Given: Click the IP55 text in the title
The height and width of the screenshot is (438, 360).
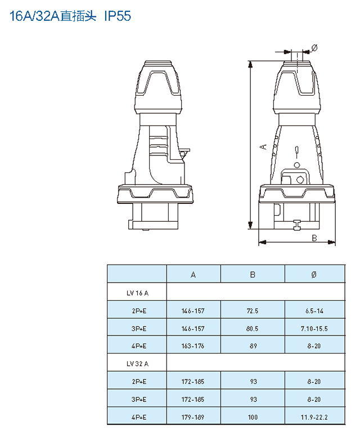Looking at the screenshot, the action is point(118,16).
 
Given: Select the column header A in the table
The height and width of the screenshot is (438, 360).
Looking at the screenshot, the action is point(193,275).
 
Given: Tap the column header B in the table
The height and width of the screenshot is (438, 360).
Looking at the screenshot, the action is point(253,275).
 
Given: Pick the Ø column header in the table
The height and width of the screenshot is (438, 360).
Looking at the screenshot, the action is point(314,275).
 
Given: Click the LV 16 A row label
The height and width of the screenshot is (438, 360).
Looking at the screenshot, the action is point(137,293).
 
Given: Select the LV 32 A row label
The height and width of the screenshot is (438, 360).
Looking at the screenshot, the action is point(137,364).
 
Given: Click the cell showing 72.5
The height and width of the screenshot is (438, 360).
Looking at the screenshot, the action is point(252,311).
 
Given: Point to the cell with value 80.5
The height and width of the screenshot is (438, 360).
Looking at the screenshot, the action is point(252,329).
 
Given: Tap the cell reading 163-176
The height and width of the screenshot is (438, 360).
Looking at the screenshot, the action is point(193,346).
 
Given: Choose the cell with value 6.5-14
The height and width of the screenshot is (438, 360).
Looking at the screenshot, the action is point(314,311).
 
